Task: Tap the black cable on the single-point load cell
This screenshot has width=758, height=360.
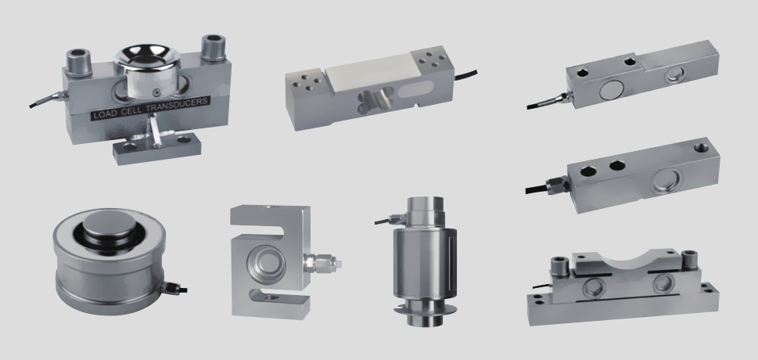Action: (465, 75)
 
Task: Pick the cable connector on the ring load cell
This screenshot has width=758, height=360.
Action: (175, 289)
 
